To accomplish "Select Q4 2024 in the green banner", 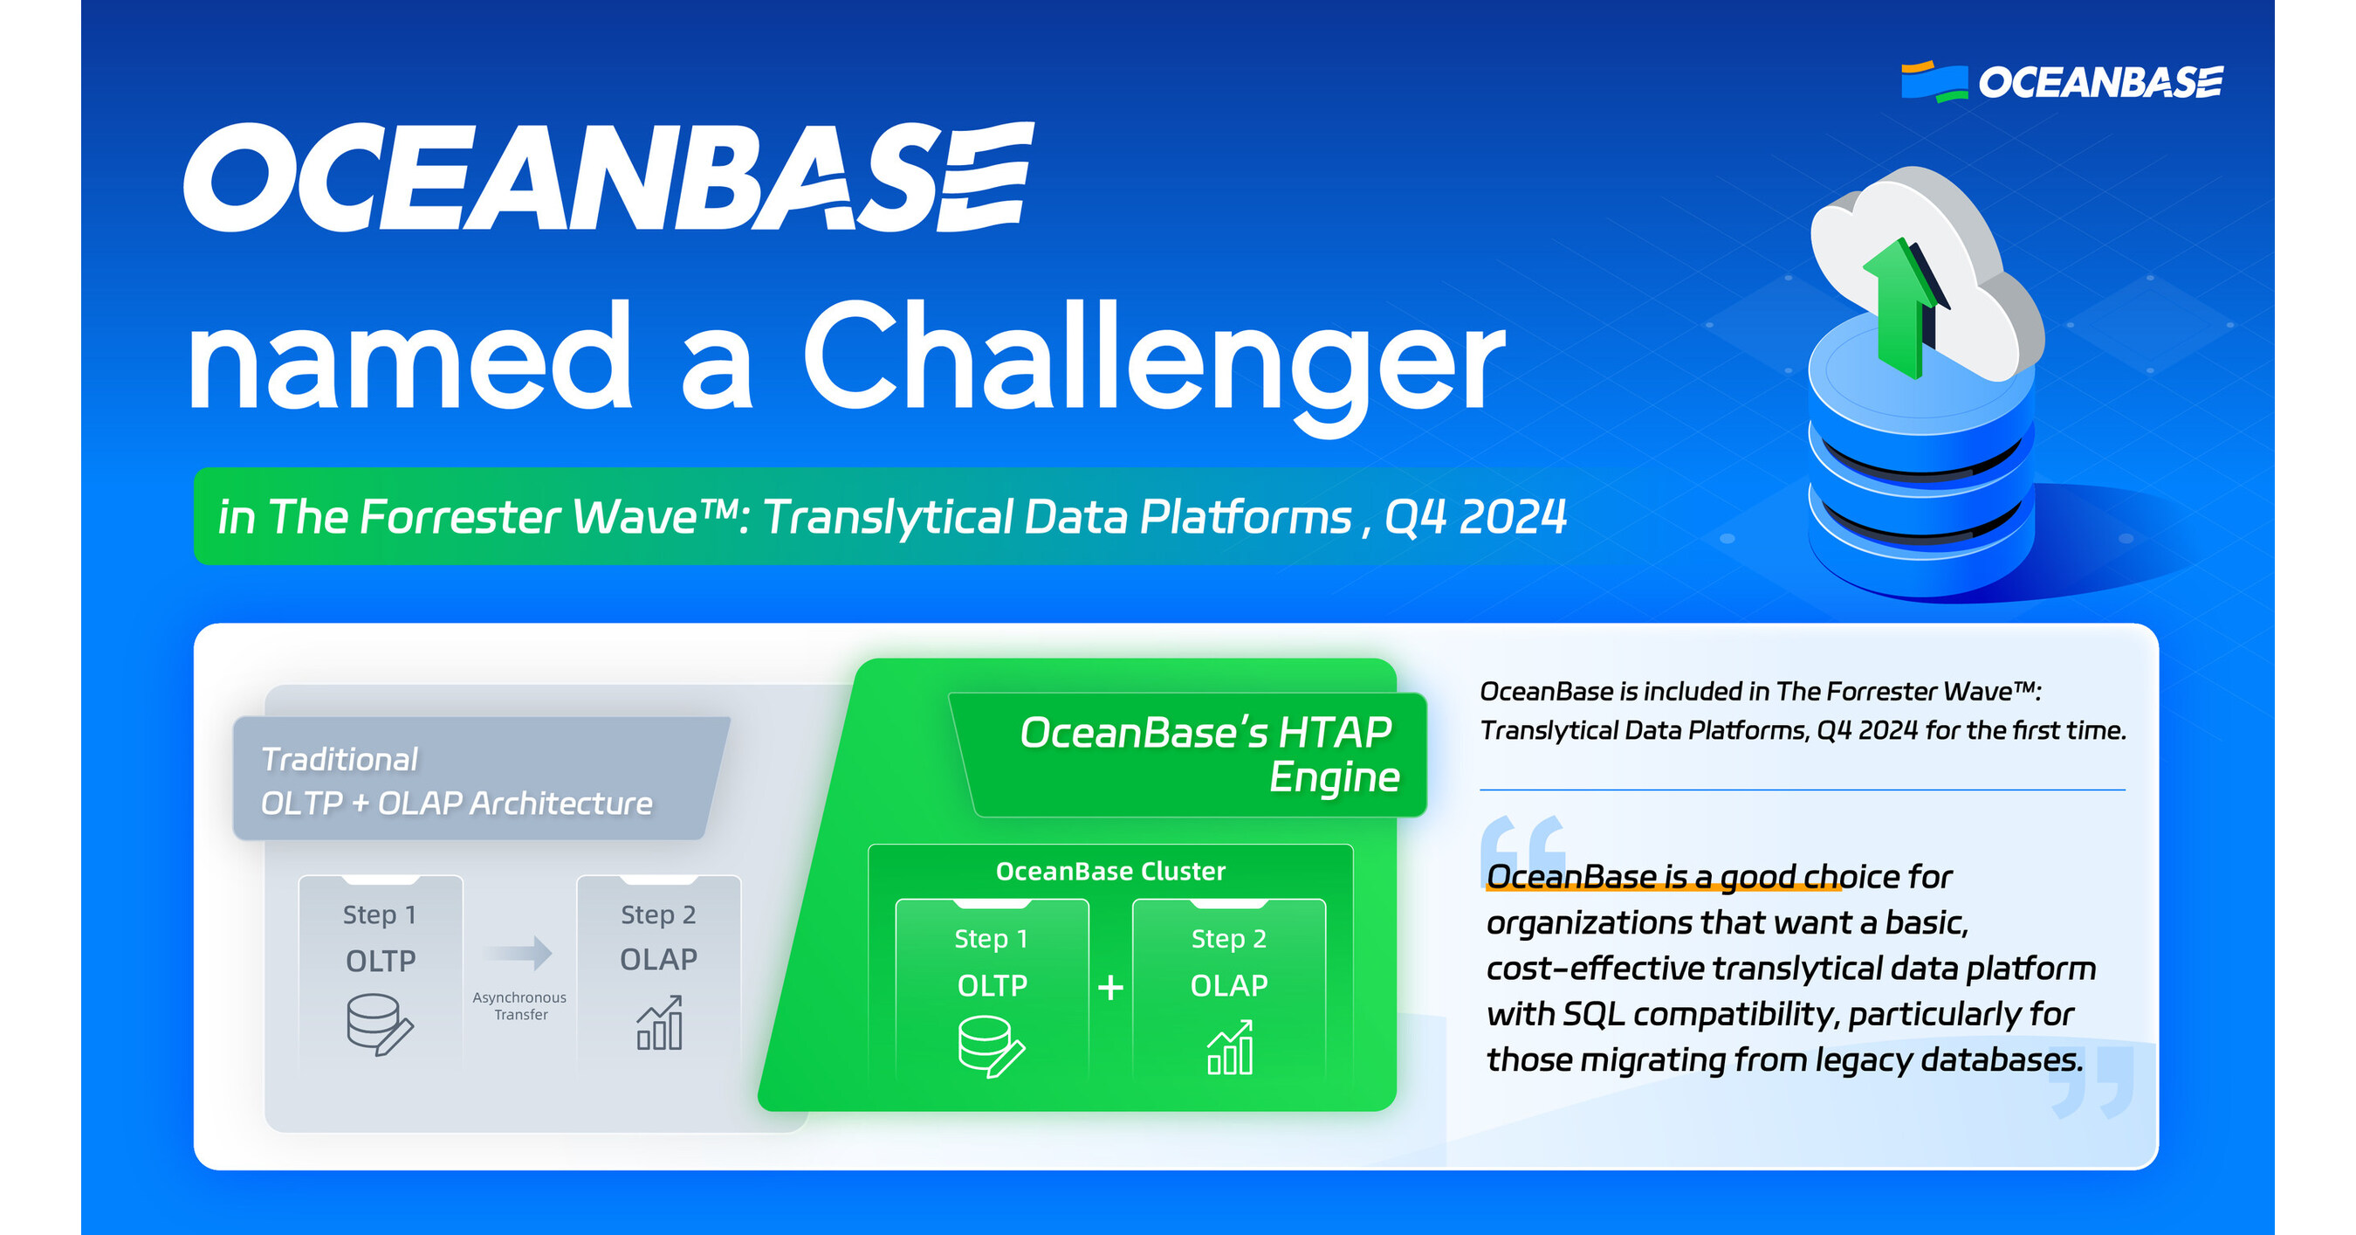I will coord(1474,517).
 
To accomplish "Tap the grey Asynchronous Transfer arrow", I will coord(519,953).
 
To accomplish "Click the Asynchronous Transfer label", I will coord(519,1005).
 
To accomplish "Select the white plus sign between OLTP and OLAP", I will coord(1110,987).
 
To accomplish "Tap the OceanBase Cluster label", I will coord(1110,871).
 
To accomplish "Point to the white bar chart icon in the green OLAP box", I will coord(1230,1048).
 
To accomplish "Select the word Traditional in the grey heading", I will coord(340,759).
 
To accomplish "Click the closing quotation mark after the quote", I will coord(2094,1084).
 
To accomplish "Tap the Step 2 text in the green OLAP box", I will coord(1228,939).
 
